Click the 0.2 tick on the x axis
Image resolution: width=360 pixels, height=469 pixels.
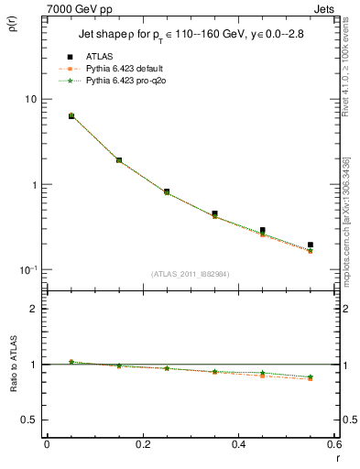pyautogui.click(x=143, y=447)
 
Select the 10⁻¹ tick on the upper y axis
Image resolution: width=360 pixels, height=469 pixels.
pyautogui.click(x=27, y=269)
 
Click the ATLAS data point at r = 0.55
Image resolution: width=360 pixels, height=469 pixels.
pyautogui.click(x=311, y=245)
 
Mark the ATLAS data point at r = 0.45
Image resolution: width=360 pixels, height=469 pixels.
pyautogui.click(x=263, y=231)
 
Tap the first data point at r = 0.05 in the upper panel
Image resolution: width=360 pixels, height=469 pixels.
pyautogui.click(x=71, y=116)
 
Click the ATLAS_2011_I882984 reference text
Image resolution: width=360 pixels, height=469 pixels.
pyautogui.click(x=191, y=273)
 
